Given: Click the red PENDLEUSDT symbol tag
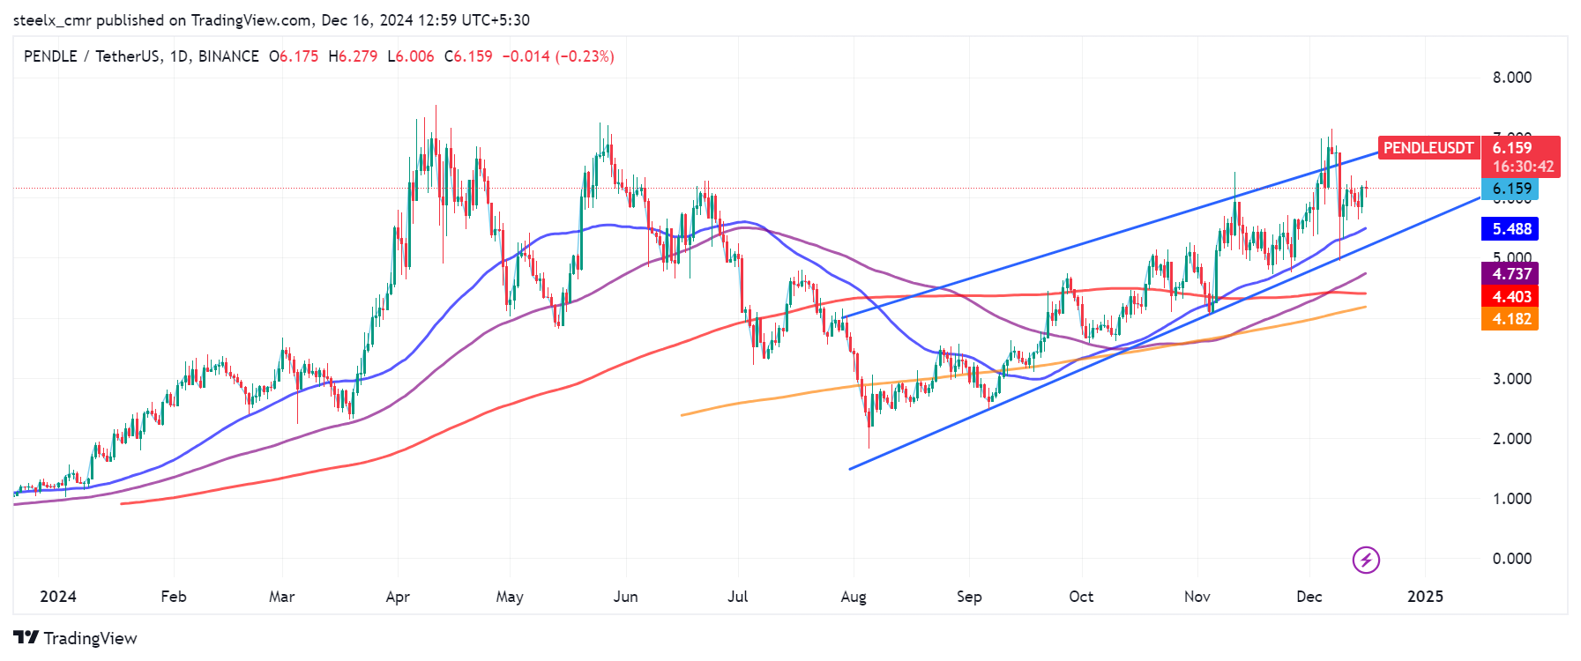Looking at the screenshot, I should pos(1428,148).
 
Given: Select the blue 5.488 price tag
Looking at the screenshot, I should pos(1510,229).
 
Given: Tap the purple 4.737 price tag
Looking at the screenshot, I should pos(1510,274).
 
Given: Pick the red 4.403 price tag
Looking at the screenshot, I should pos(1510,297).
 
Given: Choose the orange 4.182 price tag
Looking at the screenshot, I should pos(1510,319).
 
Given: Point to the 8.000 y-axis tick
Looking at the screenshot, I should pos(1511,78).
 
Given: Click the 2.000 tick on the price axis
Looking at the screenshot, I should pos(1511,439).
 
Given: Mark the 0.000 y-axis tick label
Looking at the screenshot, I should pos(1511,559).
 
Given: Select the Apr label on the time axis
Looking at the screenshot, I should pos(398,597).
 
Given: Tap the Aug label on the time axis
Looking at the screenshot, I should pos(854,597).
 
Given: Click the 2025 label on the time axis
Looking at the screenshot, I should pos(1425,597).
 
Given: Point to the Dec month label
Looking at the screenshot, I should pos(1309,597).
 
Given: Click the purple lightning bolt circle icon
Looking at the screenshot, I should pos(1366,560).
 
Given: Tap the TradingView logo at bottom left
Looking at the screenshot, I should pos(76,638).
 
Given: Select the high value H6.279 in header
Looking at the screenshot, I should pos(353,56).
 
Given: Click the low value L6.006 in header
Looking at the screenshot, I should pos(411,56).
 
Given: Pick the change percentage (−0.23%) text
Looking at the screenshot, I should pos(585,56).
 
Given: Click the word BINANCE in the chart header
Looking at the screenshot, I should pos(228,56).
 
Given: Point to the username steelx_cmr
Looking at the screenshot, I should pos(52,19).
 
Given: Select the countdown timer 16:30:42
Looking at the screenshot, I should pos(1523,167).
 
